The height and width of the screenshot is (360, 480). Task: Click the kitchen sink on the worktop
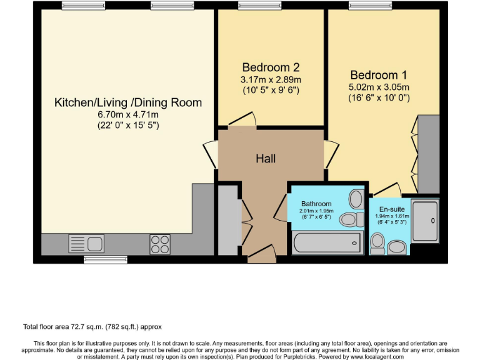[86, 242]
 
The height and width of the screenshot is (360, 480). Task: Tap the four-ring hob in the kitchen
[159, 243]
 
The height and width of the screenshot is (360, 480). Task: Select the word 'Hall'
[266, 159]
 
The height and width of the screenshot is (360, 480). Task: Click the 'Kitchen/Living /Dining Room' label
[128, 102]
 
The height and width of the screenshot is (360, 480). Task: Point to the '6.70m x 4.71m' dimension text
[128, 114]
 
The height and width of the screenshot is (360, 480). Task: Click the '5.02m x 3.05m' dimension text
[379, 87]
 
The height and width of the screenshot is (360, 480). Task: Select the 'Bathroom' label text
[316, 204]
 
